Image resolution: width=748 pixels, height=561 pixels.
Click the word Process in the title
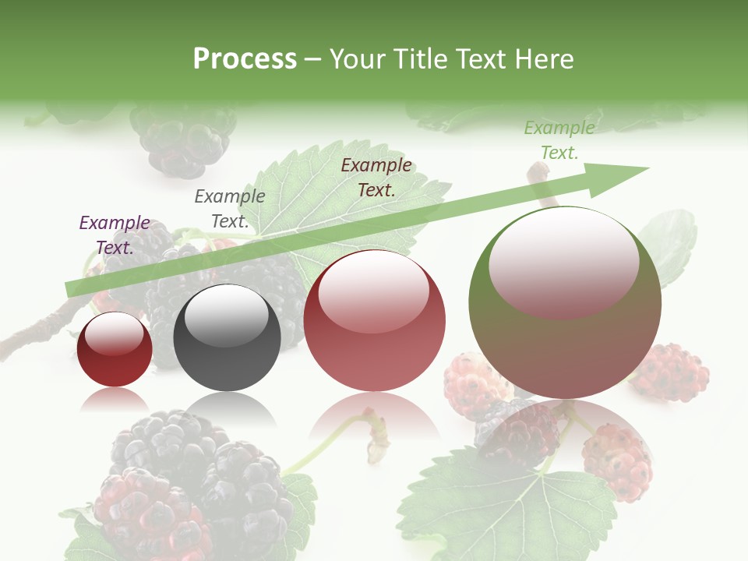point(245,59)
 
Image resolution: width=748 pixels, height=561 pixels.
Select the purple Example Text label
point(115,235)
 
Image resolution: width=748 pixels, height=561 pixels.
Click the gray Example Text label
point(230,209)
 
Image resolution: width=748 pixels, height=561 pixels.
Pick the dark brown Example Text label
point(376,178)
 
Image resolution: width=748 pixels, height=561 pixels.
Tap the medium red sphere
point(374,321)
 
